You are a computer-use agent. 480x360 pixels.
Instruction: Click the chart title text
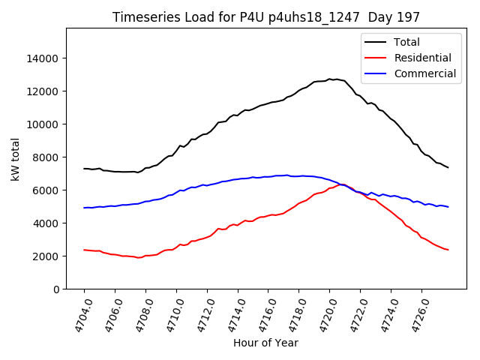click(266, 17)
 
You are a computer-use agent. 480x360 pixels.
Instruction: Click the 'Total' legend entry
click(407, 42)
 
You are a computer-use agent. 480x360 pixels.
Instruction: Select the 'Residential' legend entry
click(422, 58)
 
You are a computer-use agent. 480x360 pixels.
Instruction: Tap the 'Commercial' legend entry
click(424, 73)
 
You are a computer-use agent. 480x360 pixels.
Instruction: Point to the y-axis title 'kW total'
click(16, 159)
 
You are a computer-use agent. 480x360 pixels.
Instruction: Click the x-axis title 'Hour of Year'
click(265, 343)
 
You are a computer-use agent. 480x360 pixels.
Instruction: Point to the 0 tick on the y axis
click(55, 289)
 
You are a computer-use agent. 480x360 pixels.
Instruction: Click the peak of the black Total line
click(329, 79)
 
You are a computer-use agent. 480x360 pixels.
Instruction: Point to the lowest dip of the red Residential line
click(139, 257)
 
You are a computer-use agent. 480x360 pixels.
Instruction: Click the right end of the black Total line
click(448, 167)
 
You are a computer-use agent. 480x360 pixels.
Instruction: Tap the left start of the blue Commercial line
click(84, 208)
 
